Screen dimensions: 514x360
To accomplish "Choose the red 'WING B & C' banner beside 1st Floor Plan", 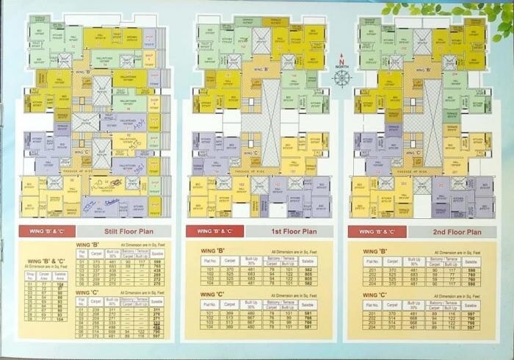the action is (210, 231).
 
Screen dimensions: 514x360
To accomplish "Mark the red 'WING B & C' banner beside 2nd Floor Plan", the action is (372, 231).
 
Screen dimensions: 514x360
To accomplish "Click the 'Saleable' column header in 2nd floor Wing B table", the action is (471, 261).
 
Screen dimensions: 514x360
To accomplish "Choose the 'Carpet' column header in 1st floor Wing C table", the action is (231, 303).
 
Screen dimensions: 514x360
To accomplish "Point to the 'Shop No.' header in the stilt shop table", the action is (30, 275).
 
